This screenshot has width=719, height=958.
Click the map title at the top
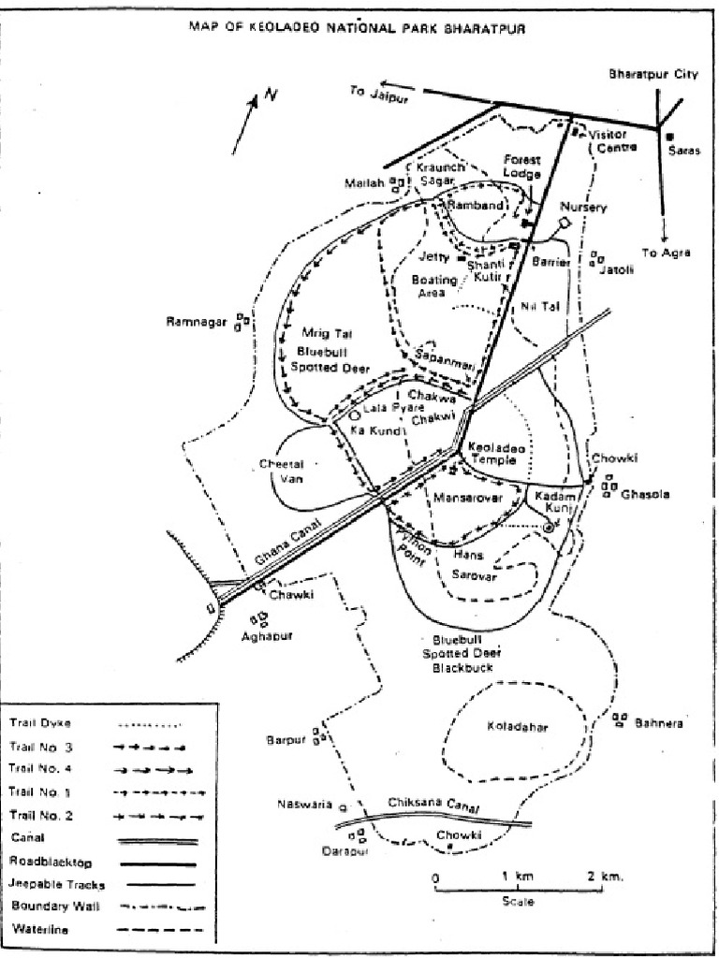point(358,28)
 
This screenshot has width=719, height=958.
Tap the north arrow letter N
point(271,94)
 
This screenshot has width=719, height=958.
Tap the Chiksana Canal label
point(433,806)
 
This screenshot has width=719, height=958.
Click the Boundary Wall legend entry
point(51,906)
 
